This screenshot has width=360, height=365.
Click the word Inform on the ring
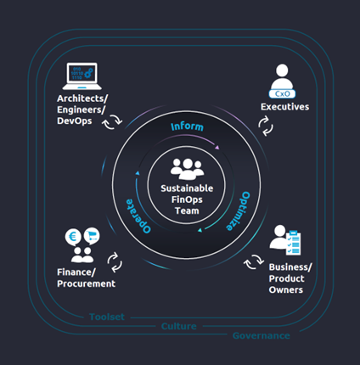click(187, 126)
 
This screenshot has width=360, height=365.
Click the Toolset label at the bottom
click(107, 317)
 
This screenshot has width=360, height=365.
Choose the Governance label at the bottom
click(261, 335)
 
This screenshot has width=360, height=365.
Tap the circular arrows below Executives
click(265, 127)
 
